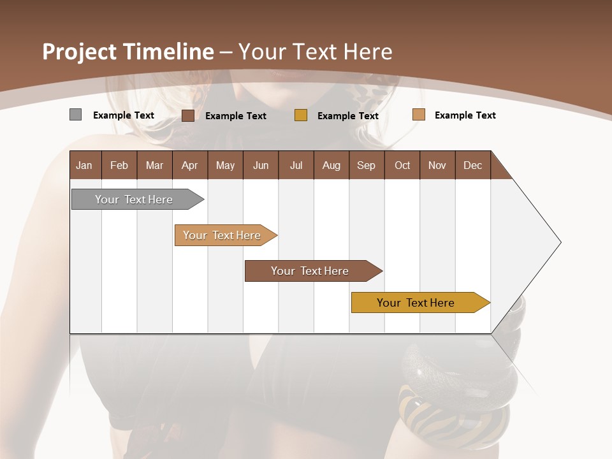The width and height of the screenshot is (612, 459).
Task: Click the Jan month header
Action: click(85, 165)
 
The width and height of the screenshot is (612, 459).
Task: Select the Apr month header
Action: click(189, 165)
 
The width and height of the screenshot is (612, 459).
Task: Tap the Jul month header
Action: click(296, 165)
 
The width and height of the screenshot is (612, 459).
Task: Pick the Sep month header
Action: click(366, 165)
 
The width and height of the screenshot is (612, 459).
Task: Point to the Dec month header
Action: click(472, 165)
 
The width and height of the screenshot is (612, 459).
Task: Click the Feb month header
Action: click(119, 165)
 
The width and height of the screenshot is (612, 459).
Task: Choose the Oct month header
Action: click(402, 165)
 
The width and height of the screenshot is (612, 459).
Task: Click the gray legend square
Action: click(75, 115)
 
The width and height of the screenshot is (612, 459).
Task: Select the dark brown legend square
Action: click(187, 115)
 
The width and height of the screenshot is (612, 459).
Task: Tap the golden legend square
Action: click(301, 115)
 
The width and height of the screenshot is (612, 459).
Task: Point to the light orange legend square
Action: click(418, 115)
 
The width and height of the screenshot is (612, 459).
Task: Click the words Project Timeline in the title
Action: click(127, 52)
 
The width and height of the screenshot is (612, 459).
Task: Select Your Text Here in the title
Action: click(316, 52)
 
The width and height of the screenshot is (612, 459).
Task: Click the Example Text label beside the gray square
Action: click(124, 115)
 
